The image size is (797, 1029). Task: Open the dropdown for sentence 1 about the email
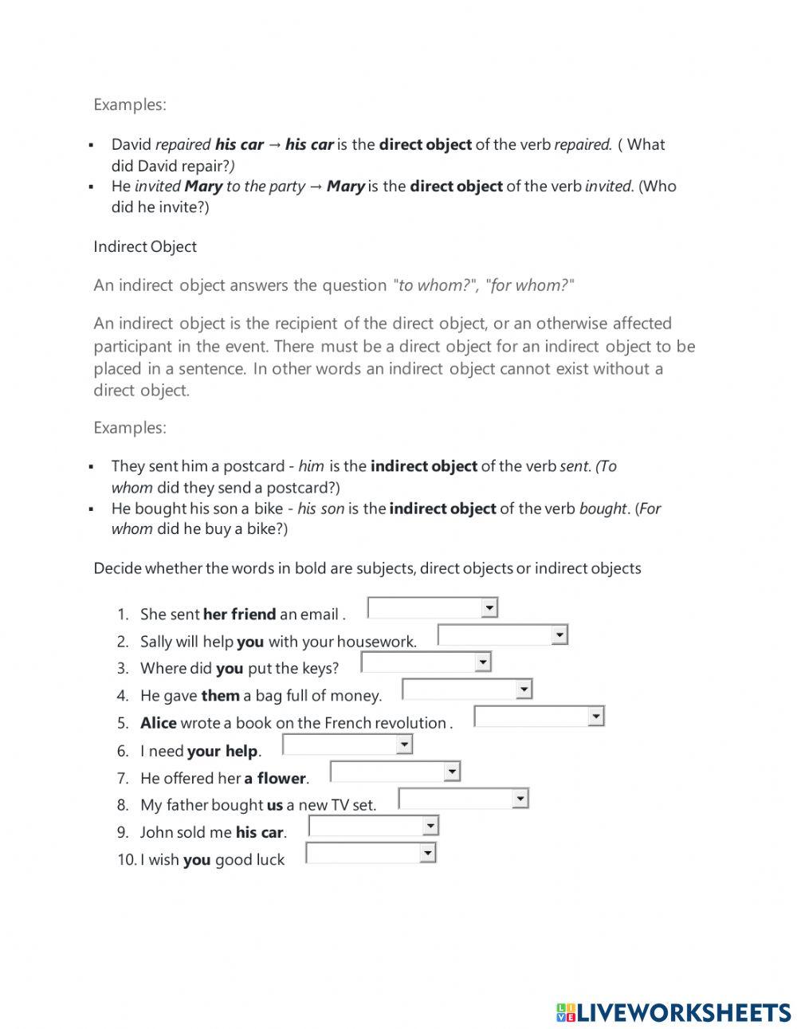pyautogui.click(x=432, y=609)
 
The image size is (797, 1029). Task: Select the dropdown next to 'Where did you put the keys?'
pyautogui.click(x=426, y=662)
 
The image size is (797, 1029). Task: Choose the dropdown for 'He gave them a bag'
pyautogui.click(x=466, y=689)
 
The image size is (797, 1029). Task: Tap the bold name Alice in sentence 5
pyautogui.click(x=159, y=723)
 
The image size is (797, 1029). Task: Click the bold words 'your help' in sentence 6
pyautogui.click(x=222, y=751)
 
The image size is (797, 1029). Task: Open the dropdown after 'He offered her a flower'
pyautogui.click(x=395, y=772)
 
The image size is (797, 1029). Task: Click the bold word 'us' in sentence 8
pyautogui.click(x=275, y=805)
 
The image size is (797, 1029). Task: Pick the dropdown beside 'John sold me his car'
pyautogui.click(x=373, y=827)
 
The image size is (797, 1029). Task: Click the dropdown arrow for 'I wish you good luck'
pyautogui.click(x=428, y=854)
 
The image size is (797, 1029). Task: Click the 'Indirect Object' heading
pyautogui.click(x=145, y=247)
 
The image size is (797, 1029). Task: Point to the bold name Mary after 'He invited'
pyautogui.click(x=203, y=187)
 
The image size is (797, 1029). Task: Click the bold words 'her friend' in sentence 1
pyautogui.click(x=239, y=615)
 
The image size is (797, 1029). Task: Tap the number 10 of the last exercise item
pyautogui.click(x=126, y=860)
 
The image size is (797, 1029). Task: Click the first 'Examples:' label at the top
pyautogui.click(x=130, y=104)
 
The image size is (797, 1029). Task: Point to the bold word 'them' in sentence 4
pyautogui.click(x=221, y=696)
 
